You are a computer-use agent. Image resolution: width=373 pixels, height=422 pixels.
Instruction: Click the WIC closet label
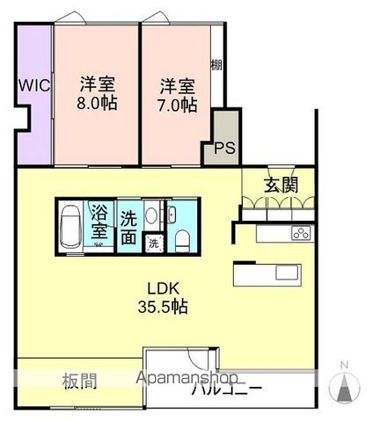click(33, 86)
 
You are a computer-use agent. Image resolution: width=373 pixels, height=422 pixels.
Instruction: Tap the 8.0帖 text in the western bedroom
click(98, 103)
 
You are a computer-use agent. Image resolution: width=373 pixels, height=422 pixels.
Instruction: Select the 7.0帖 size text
click(178, 104)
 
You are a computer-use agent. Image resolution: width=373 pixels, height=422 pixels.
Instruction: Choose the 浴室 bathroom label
click(100, 224)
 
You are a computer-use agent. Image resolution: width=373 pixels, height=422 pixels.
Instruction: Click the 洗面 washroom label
click(128, 226)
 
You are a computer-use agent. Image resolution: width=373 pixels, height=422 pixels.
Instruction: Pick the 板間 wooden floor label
click(79, 382)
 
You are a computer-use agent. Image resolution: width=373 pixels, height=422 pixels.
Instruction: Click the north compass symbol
click(344, 387)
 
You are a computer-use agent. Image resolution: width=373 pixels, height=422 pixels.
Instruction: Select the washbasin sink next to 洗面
click(150, 216)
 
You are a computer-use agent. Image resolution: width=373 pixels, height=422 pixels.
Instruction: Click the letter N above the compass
click(344, 365)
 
